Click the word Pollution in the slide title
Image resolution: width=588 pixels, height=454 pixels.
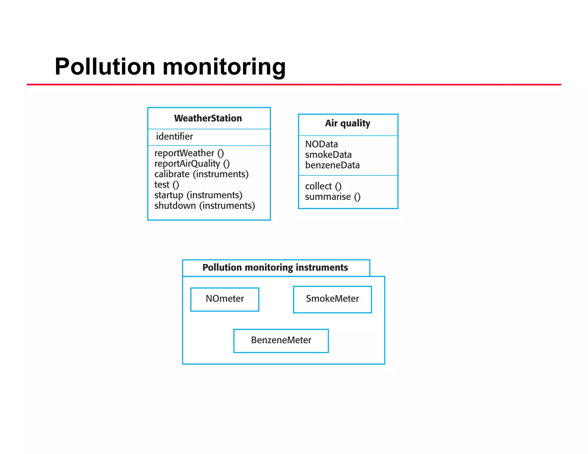(x=105, y=67)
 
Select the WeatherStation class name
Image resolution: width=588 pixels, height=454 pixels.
(x=208, y=118)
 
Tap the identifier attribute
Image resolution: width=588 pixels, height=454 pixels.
(x=174, y=136)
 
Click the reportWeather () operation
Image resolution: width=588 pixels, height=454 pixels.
(x=189, y=153)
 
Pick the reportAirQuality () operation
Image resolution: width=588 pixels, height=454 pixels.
(x=192, y=164)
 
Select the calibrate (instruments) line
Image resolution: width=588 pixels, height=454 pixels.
(x=201, y=174)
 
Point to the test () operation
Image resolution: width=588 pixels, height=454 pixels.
(x=167, y=185)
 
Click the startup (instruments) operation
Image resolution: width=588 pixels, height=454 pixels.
(x=198, y=195)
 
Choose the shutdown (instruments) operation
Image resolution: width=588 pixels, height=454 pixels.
(x=204, y=206)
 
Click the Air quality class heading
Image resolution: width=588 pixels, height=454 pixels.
(x=347, y=123)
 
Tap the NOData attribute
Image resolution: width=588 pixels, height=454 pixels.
(x=321, y=144)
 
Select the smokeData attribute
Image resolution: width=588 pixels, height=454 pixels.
(x=328, y=155)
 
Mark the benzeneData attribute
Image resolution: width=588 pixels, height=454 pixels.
(x=332, y=165)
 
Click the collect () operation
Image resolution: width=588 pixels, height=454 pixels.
(x=323, y=186)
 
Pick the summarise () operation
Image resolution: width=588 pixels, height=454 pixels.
(x=332, y=197)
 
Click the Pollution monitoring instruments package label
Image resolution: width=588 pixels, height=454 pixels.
(x=275, y=267)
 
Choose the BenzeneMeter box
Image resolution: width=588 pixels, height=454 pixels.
(x=281, y=340)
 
